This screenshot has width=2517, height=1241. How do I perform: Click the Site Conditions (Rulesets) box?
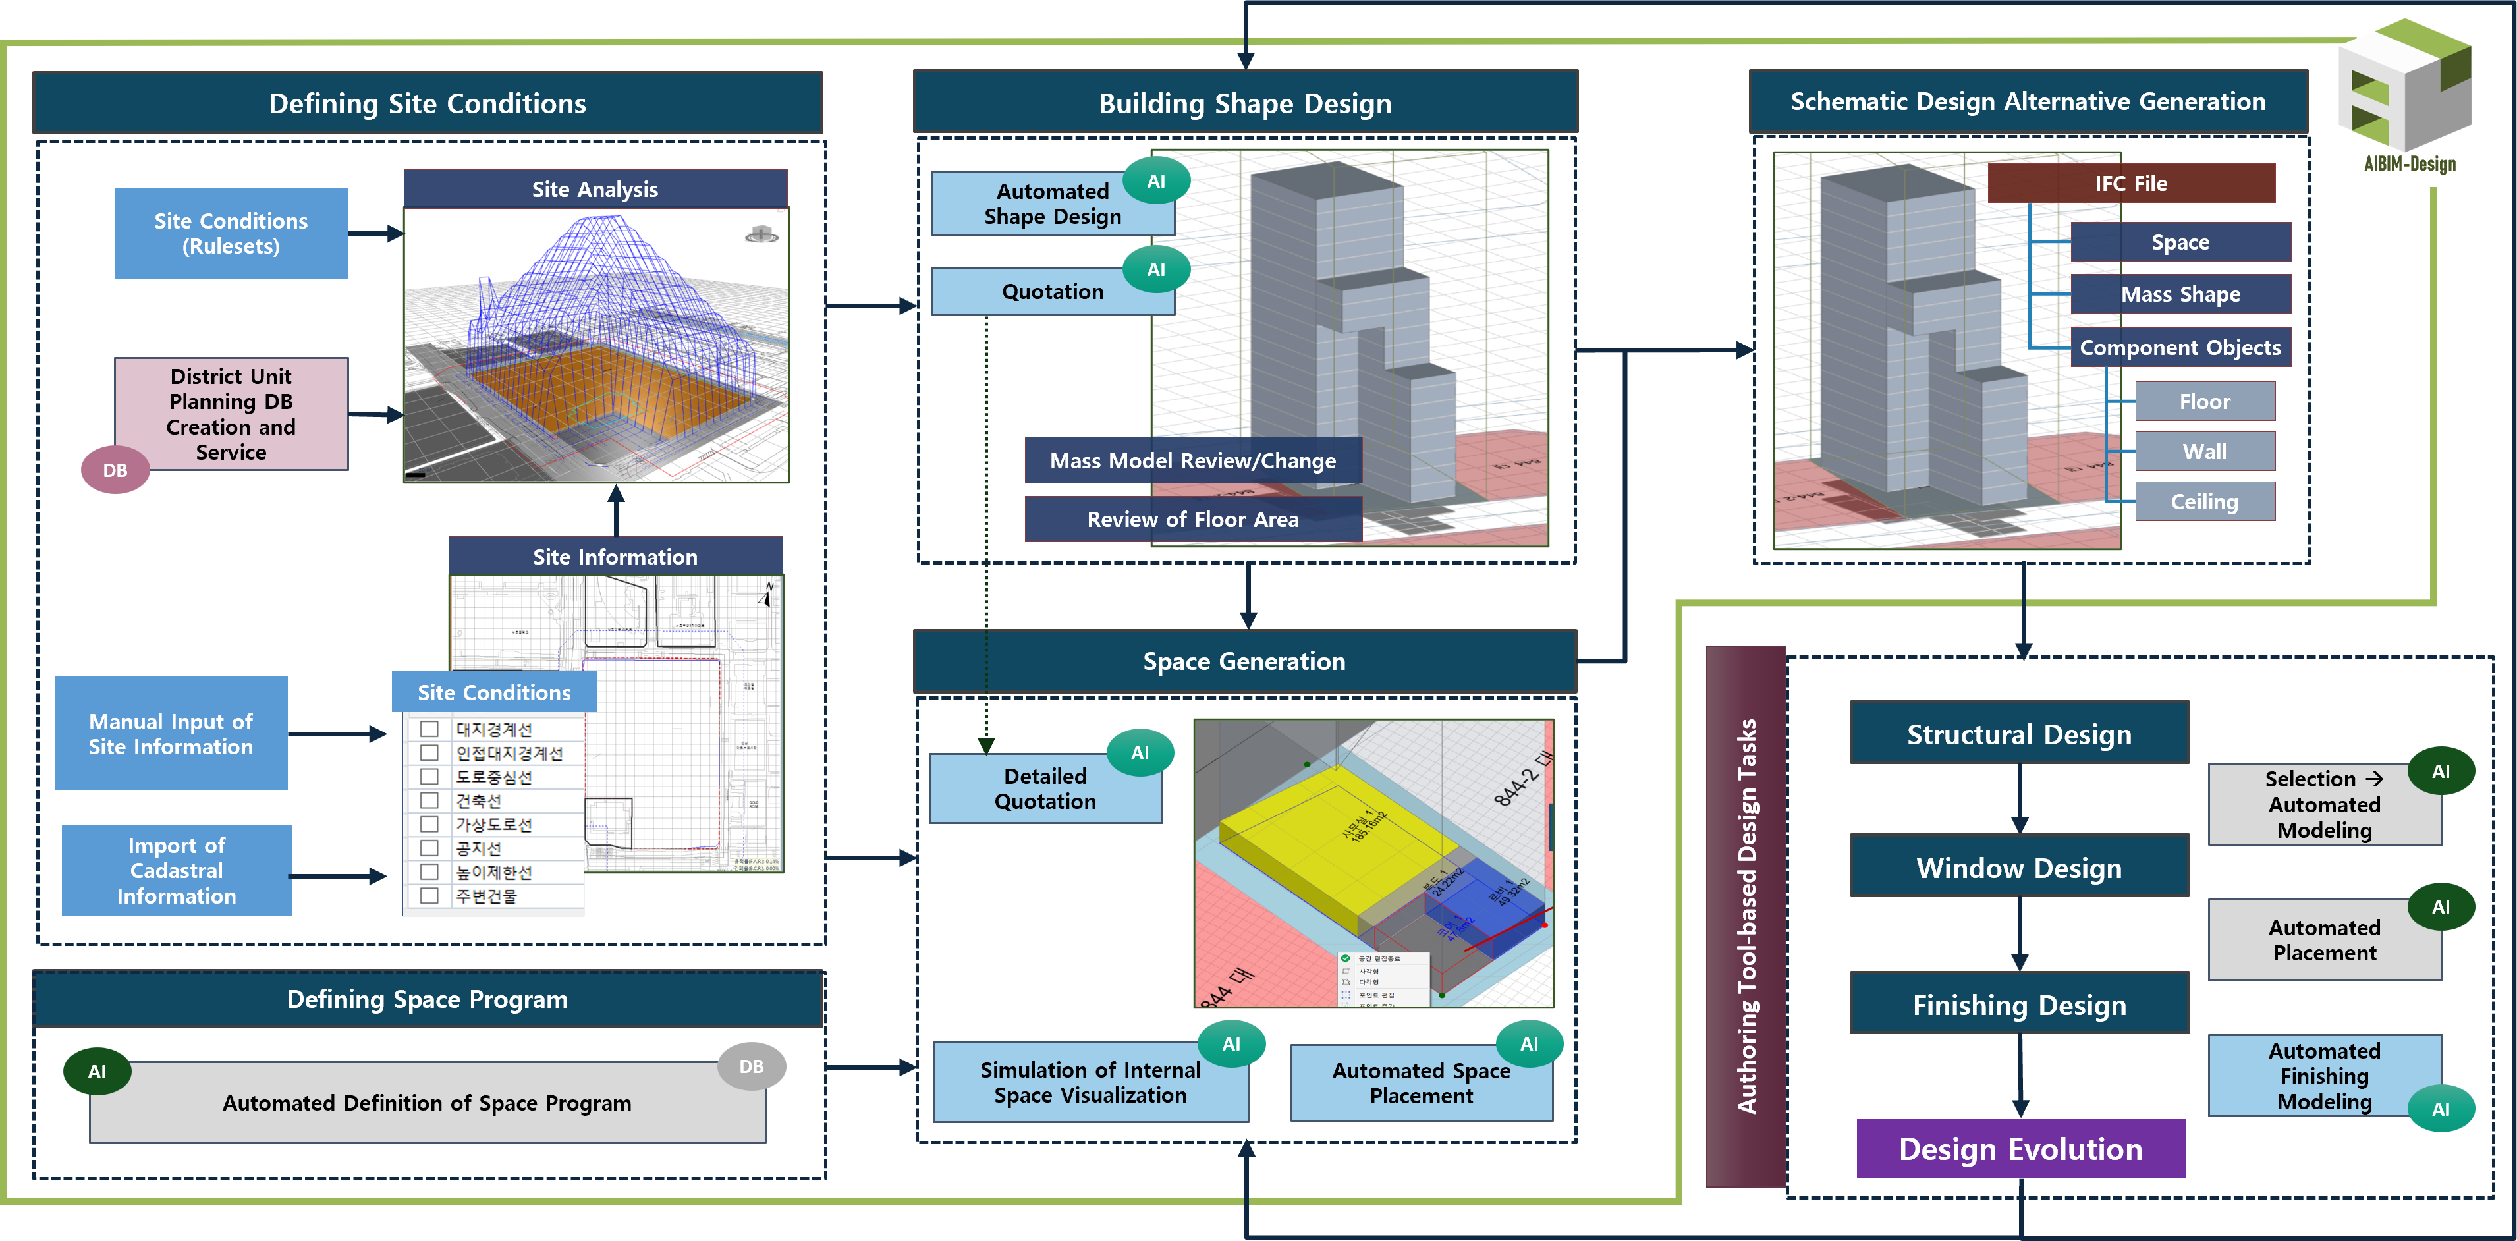point(231,234)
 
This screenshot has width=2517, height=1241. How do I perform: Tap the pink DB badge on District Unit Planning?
point(115,470)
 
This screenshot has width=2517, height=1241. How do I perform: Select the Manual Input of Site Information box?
point(171,734)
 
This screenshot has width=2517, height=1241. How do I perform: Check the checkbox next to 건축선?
point(429,801)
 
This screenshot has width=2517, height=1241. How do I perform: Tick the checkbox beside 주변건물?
point(429,896)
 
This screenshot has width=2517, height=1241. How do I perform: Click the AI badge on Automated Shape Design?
point(1156,182)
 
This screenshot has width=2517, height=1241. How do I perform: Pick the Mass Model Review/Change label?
point(1192,461)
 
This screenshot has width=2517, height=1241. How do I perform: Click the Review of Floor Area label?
point(1192,520)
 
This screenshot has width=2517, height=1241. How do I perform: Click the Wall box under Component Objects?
point(2204,451)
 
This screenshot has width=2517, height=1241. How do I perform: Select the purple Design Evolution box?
point(2020,1149)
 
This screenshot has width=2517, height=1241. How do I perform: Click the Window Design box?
point(2019,868)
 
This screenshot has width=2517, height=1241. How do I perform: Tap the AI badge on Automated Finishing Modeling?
point(2441,1109)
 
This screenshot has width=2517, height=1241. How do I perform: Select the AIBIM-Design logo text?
point(2410,164)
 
